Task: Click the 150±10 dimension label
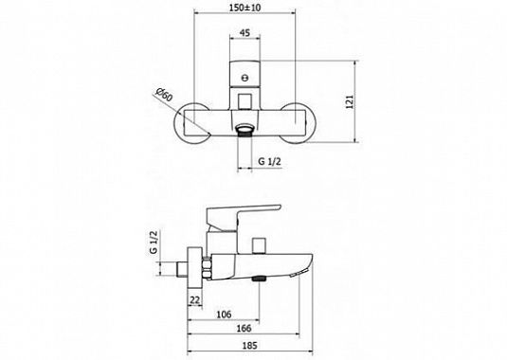pos(244,8)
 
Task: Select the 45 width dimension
pos(245,33)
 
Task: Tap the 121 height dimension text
pos(351,101)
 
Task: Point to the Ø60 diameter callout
pos(164,94)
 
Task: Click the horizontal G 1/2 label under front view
pos(269,162)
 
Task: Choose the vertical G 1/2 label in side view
pos(154,242)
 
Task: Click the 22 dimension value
pos(194,300)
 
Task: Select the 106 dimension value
pos(224,315)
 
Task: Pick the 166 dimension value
pos(244,329)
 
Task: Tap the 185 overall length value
pos(250,346)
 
